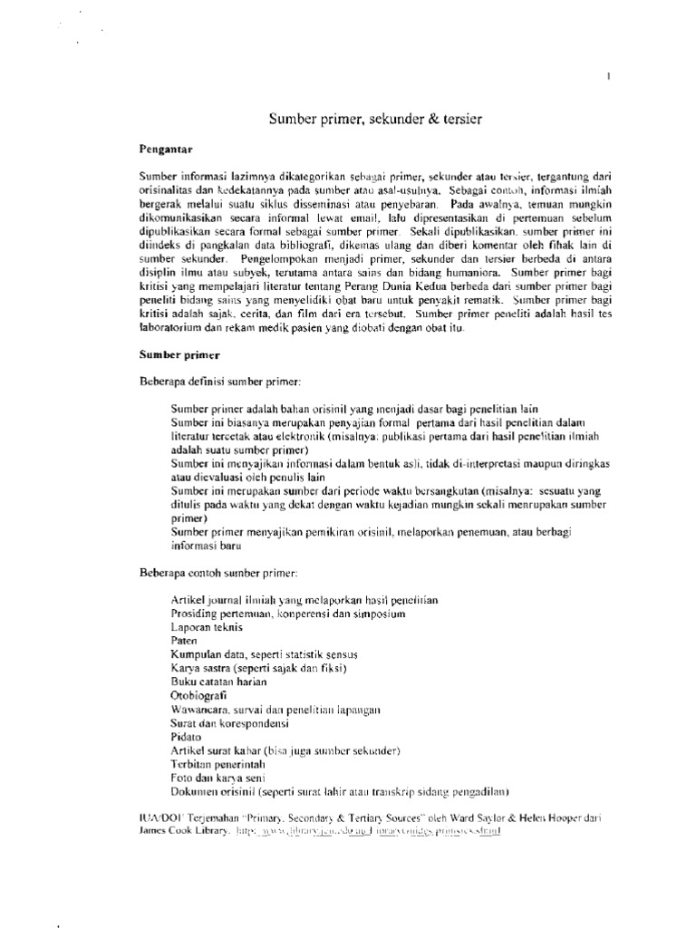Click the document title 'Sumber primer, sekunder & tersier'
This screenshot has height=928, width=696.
(x=372, y=119)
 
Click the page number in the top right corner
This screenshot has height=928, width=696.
(x=608, y=79)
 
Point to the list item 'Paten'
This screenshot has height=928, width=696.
(x=183, y=639)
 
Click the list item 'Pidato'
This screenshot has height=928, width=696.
(x=186, y=739)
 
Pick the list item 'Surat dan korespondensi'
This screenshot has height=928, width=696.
(x=223, y=725)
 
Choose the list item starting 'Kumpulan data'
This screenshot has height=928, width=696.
(x=242, y=653)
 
